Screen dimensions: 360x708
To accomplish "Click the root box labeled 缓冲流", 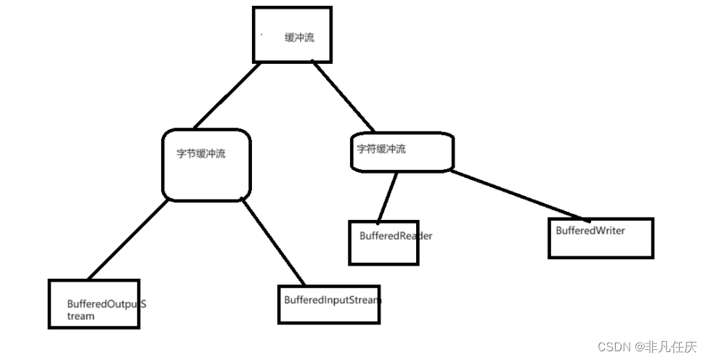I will (292, 34).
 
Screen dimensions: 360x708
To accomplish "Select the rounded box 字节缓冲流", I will (207, 165).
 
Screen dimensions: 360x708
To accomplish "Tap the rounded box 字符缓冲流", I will (402, 151).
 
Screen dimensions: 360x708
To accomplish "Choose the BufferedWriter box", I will (601, 238).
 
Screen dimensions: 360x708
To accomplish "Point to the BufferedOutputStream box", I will (94, 303).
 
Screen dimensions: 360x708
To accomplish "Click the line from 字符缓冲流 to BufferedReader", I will (387, 195).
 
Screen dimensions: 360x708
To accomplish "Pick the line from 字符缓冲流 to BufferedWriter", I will (519, 195).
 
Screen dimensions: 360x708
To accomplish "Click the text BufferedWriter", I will (590, 230).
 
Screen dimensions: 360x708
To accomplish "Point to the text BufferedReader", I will (396, 236).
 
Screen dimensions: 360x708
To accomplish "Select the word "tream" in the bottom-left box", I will (81, 316).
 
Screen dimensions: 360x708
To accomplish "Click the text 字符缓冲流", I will (381, 150).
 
